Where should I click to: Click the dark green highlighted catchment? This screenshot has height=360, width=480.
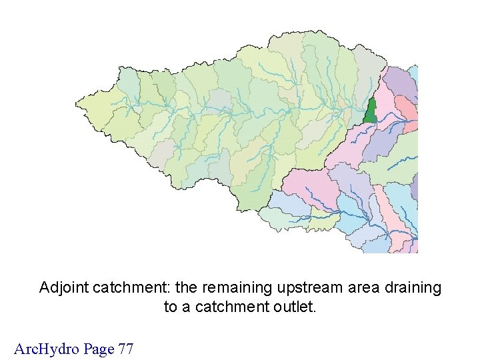coord(371,112)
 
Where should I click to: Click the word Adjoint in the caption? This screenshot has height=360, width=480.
coord(64,288)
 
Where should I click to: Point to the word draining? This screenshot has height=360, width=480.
coord(414,288)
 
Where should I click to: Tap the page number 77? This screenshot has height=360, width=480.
coord(125,348)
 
